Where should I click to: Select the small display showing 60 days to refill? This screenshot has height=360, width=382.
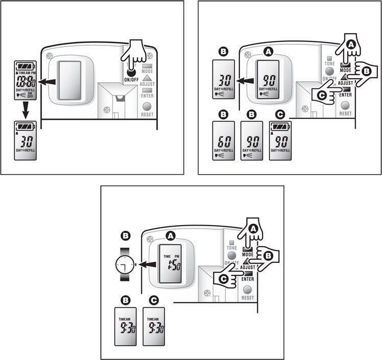224,140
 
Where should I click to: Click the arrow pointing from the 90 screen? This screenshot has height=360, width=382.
247,80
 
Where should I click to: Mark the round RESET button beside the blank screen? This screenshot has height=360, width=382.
147,106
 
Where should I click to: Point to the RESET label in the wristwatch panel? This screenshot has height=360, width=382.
248,297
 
